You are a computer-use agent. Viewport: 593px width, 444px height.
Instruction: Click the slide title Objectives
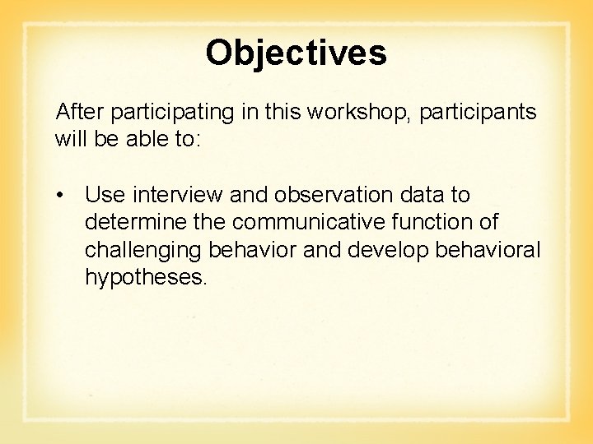tap(296, 53)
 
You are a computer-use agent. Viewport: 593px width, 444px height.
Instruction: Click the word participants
tap(478, 113)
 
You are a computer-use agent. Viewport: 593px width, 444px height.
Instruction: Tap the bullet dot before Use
tap(61, 196)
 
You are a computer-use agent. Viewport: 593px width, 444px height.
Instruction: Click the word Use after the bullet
tap(104, 195)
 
